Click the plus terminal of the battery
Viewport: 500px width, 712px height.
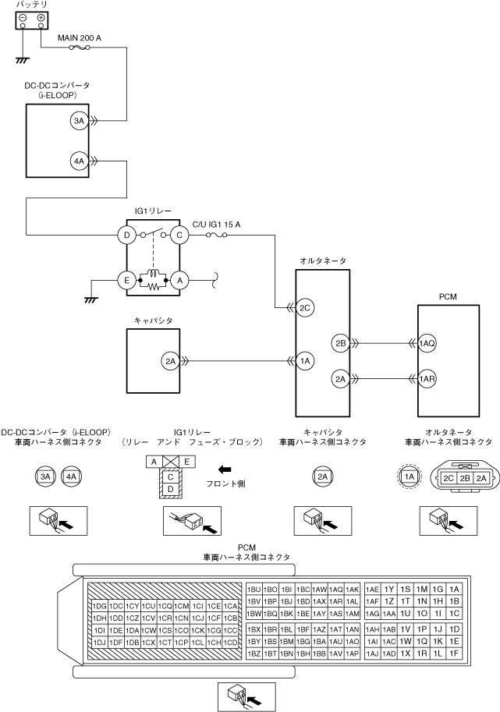point(41,18)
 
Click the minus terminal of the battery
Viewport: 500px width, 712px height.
point(23,18)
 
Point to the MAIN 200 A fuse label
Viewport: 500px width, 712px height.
point(80,38)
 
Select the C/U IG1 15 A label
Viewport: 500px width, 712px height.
point(216,225)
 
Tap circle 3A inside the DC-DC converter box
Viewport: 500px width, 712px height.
point(79,121)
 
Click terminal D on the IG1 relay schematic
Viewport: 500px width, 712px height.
point(126,236)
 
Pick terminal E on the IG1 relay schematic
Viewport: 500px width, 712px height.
point(126,281)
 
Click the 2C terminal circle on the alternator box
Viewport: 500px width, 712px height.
point(305,308)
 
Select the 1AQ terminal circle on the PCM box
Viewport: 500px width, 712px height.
point(427,343)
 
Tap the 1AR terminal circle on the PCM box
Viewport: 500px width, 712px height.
point(427,379)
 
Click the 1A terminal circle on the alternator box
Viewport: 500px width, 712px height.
point(305,361)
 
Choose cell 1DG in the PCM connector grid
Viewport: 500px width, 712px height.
point(100,606)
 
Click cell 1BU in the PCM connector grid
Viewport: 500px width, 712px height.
point(254,590)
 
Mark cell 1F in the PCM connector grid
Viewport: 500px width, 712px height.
point(454,654)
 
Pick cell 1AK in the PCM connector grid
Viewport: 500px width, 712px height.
point(352,590)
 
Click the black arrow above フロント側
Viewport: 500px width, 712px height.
point(225,469)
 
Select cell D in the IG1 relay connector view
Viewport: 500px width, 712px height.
point(171,489)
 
